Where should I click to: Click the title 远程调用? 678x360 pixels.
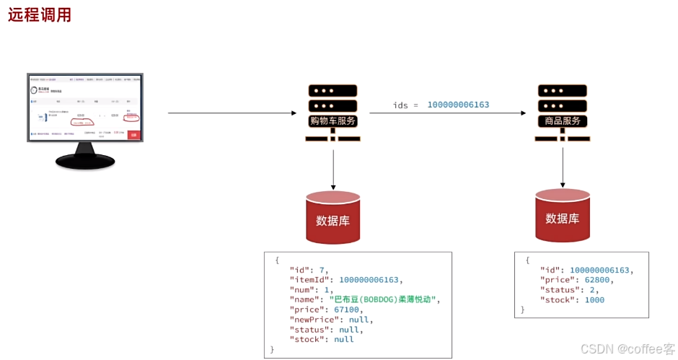coord(40,14)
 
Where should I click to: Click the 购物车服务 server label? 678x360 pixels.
coord(333,120)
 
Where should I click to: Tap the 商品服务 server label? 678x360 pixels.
coord(562,120)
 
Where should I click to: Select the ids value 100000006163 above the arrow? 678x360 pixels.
coord(458,105)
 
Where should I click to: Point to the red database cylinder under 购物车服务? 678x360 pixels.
coord(333,218)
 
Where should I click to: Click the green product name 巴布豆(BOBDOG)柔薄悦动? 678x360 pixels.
coord(384,299)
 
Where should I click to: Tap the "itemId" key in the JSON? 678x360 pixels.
coord(311,280)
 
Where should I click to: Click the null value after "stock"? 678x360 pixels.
coord(343,339)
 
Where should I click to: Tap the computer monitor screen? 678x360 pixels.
coord(85,107)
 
